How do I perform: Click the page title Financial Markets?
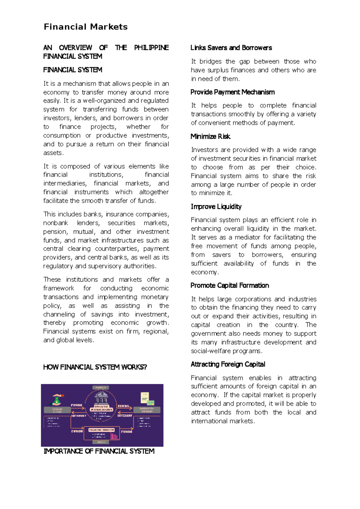(85, 27)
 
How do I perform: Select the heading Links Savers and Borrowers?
(231, 48)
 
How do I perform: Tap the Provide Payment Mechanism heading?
(232, 92)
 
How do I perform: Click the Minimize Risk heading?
(210, 136)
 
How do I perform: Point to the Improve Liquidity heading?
(216, 207)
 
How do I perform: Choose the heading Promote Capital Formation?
(229, 285)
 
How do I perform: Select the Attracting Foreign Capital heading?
(228, 364)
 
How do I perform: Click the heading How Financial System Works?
(95, 367)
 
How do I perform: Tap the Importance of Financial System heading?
(99, 451)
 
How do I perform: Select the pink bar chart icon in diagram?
(114, 435)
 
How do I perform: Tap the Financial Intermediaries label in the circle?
(101, 408)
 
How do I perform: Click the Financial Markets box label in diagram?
(101, 430)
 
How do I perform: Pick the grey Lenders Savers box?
(57, 410)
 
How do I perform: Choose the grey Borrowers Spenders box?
(147, 410)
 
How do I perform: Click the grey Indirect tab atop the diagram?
(101, 387)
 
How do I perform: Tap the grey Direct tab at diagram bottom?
(101, 442)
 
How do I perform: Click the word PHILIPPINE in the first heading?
(151, 48)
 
